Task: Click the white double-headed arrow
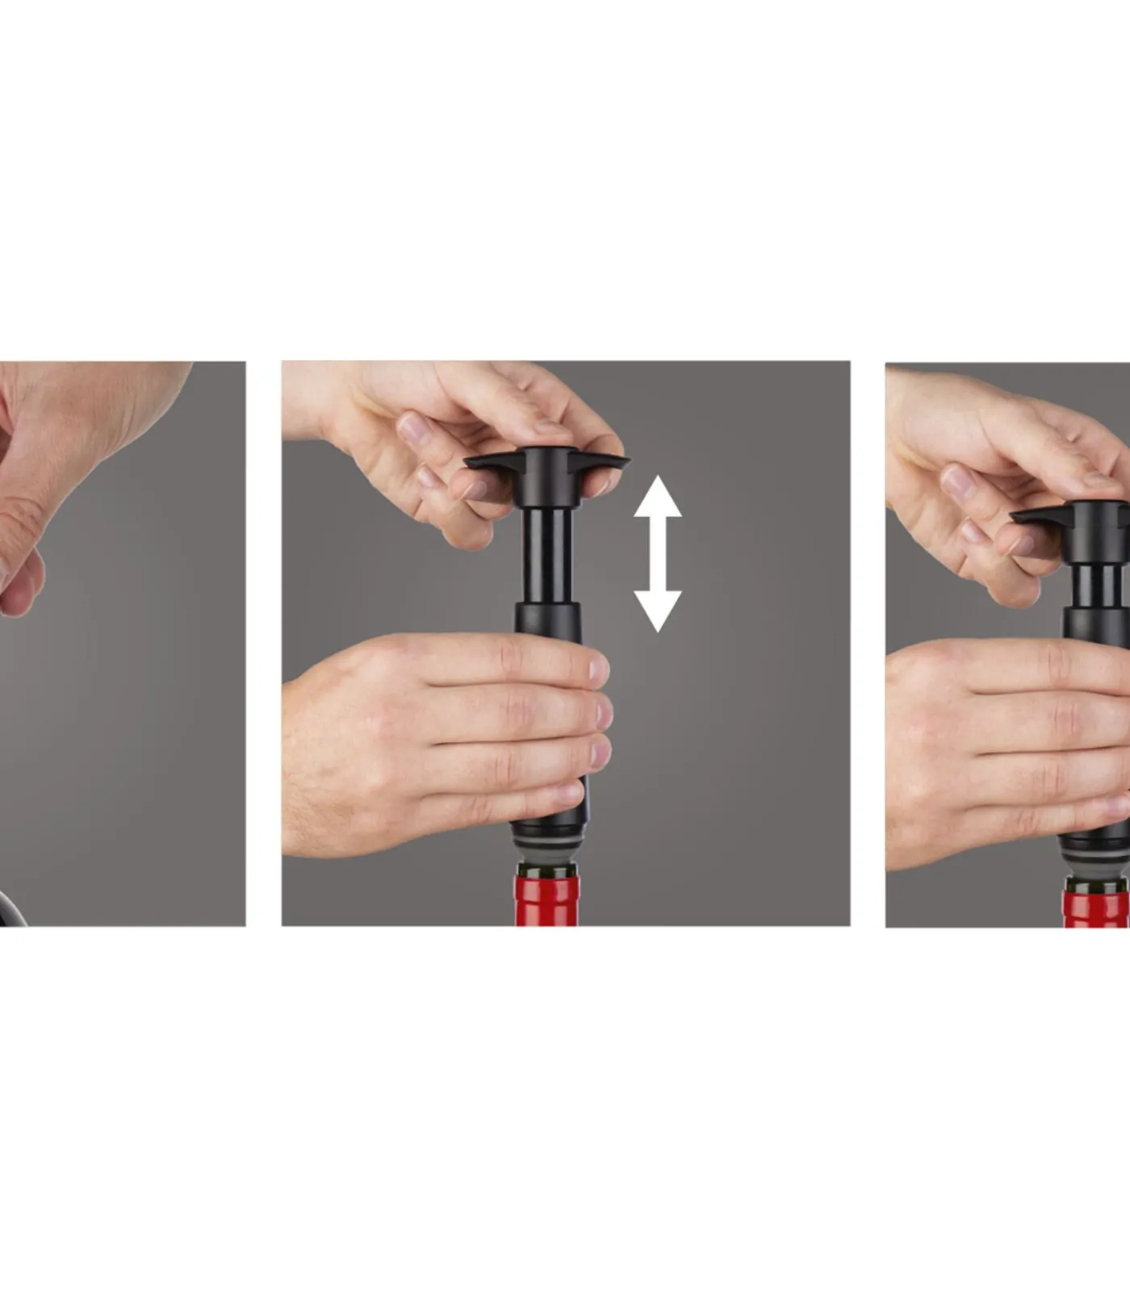click(658, 553)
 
